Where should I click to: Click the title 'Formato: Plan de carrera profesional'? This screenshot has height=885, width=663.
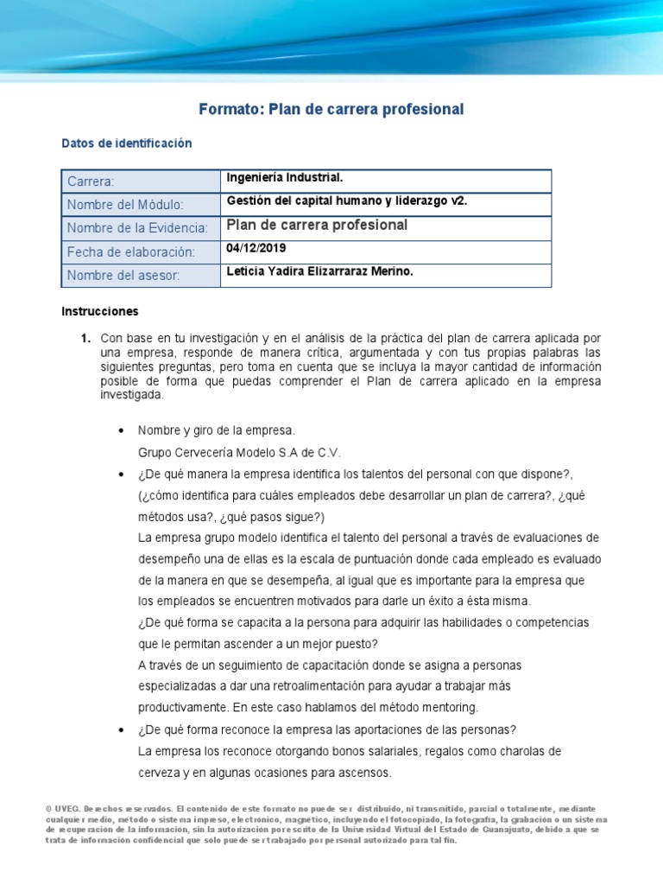click(331, 109)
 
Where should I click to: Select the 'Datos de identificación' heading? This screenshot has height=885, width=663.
click(127, 143)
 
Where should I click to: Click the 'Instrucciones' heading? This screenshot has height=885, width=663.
click(100, 311)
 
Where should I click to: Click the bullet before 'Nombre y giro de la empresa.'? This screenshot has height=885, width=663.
click(119, 430)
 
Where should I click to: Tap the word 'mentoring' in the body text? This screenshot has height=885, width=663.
click(446, 707)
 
